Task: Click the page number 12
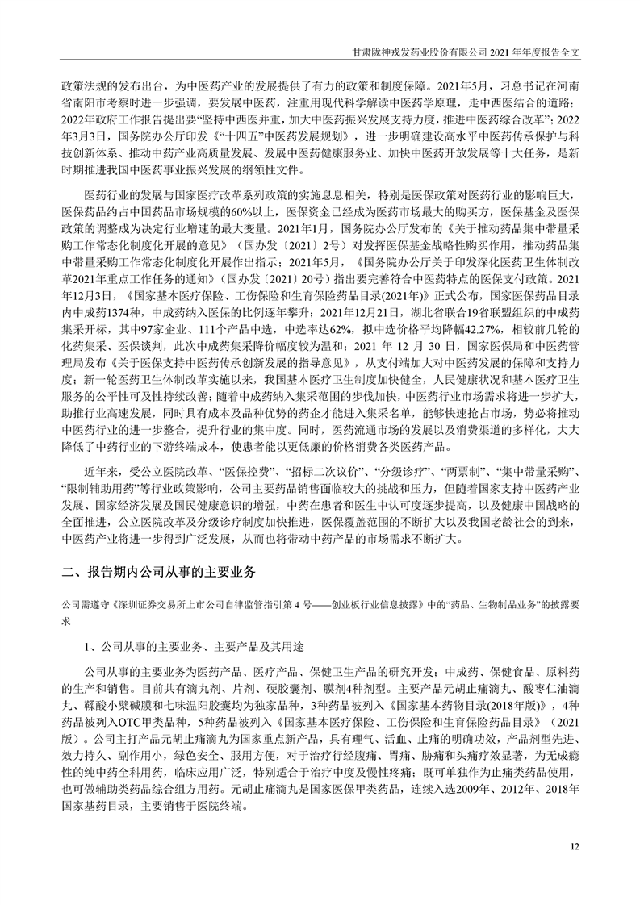(574, 846)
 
